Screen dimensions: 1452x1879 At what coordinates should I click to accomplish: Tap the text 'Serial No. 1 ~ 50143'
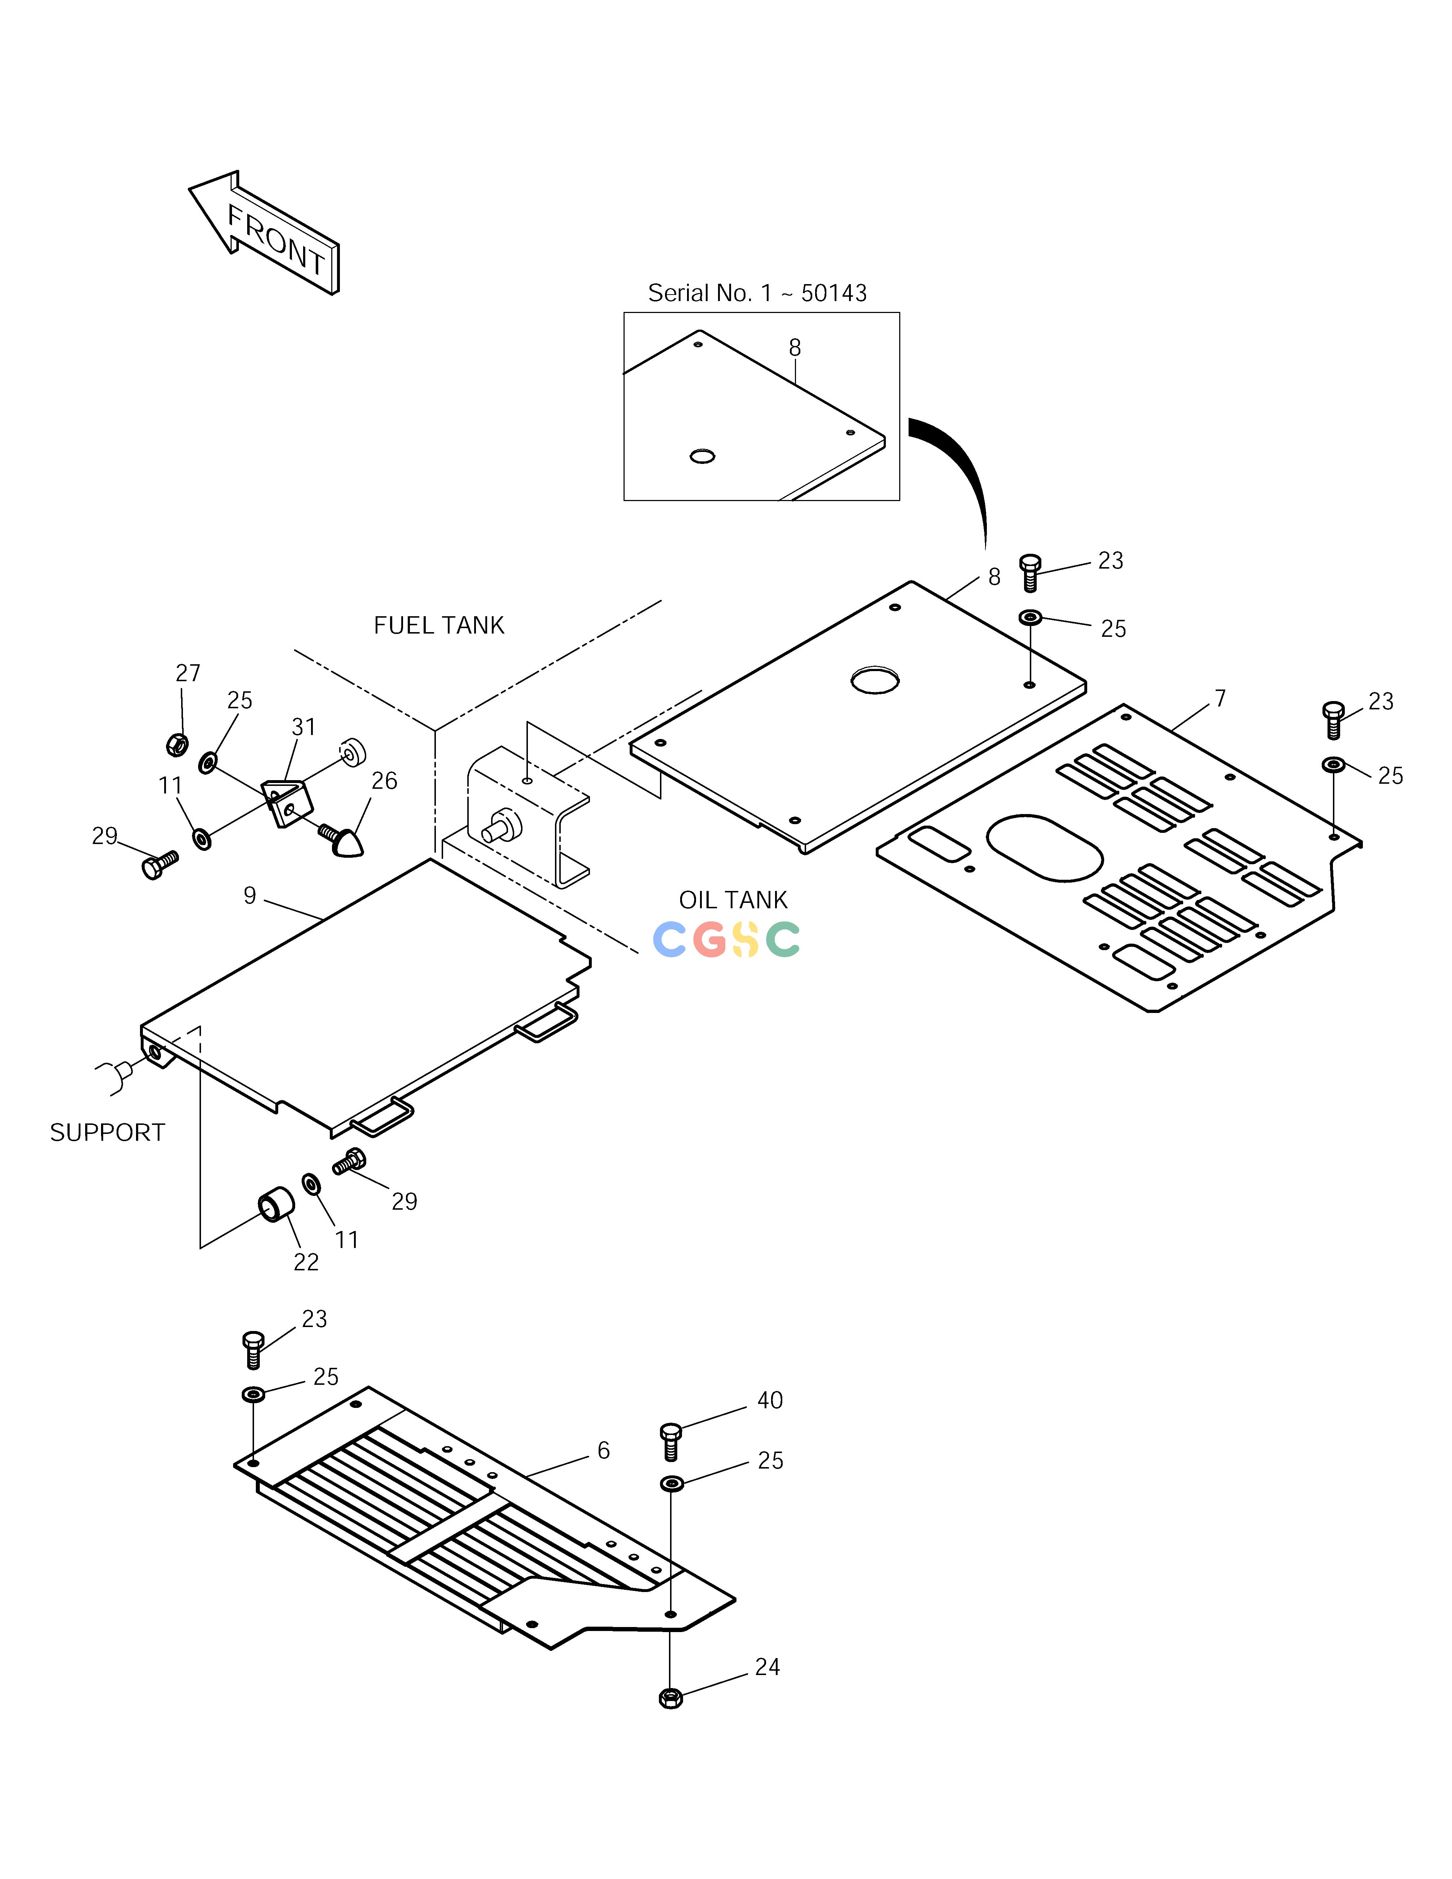(x=757, y=293)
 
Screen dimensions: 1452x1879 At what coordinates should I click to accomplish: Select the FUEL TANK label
(x=439, y=626)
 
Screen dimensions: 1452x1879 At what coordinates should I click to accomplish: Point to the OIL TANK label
(x=733, y=900)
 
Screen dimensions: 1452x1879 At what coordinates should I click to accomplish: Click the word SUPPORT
(x=108, y=1132)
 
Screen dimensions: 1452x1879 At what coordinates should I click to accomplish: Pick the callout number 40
(x=770, y=1401)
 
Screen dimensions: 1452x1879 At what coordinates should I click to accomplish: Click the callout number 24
(x=767, y=1667)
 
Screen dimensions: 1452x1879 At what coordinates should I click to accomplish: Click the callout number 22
(x=306, y=1262)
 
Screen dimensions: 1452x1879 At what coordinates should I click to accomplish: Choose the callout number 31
(x=304, y=727)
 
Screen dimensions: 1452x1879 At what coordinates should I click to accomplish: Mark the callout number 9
(x=249, y=896)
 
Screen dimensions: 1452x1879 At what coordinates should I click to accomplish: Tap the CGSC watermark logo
(x=727, y=939)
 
